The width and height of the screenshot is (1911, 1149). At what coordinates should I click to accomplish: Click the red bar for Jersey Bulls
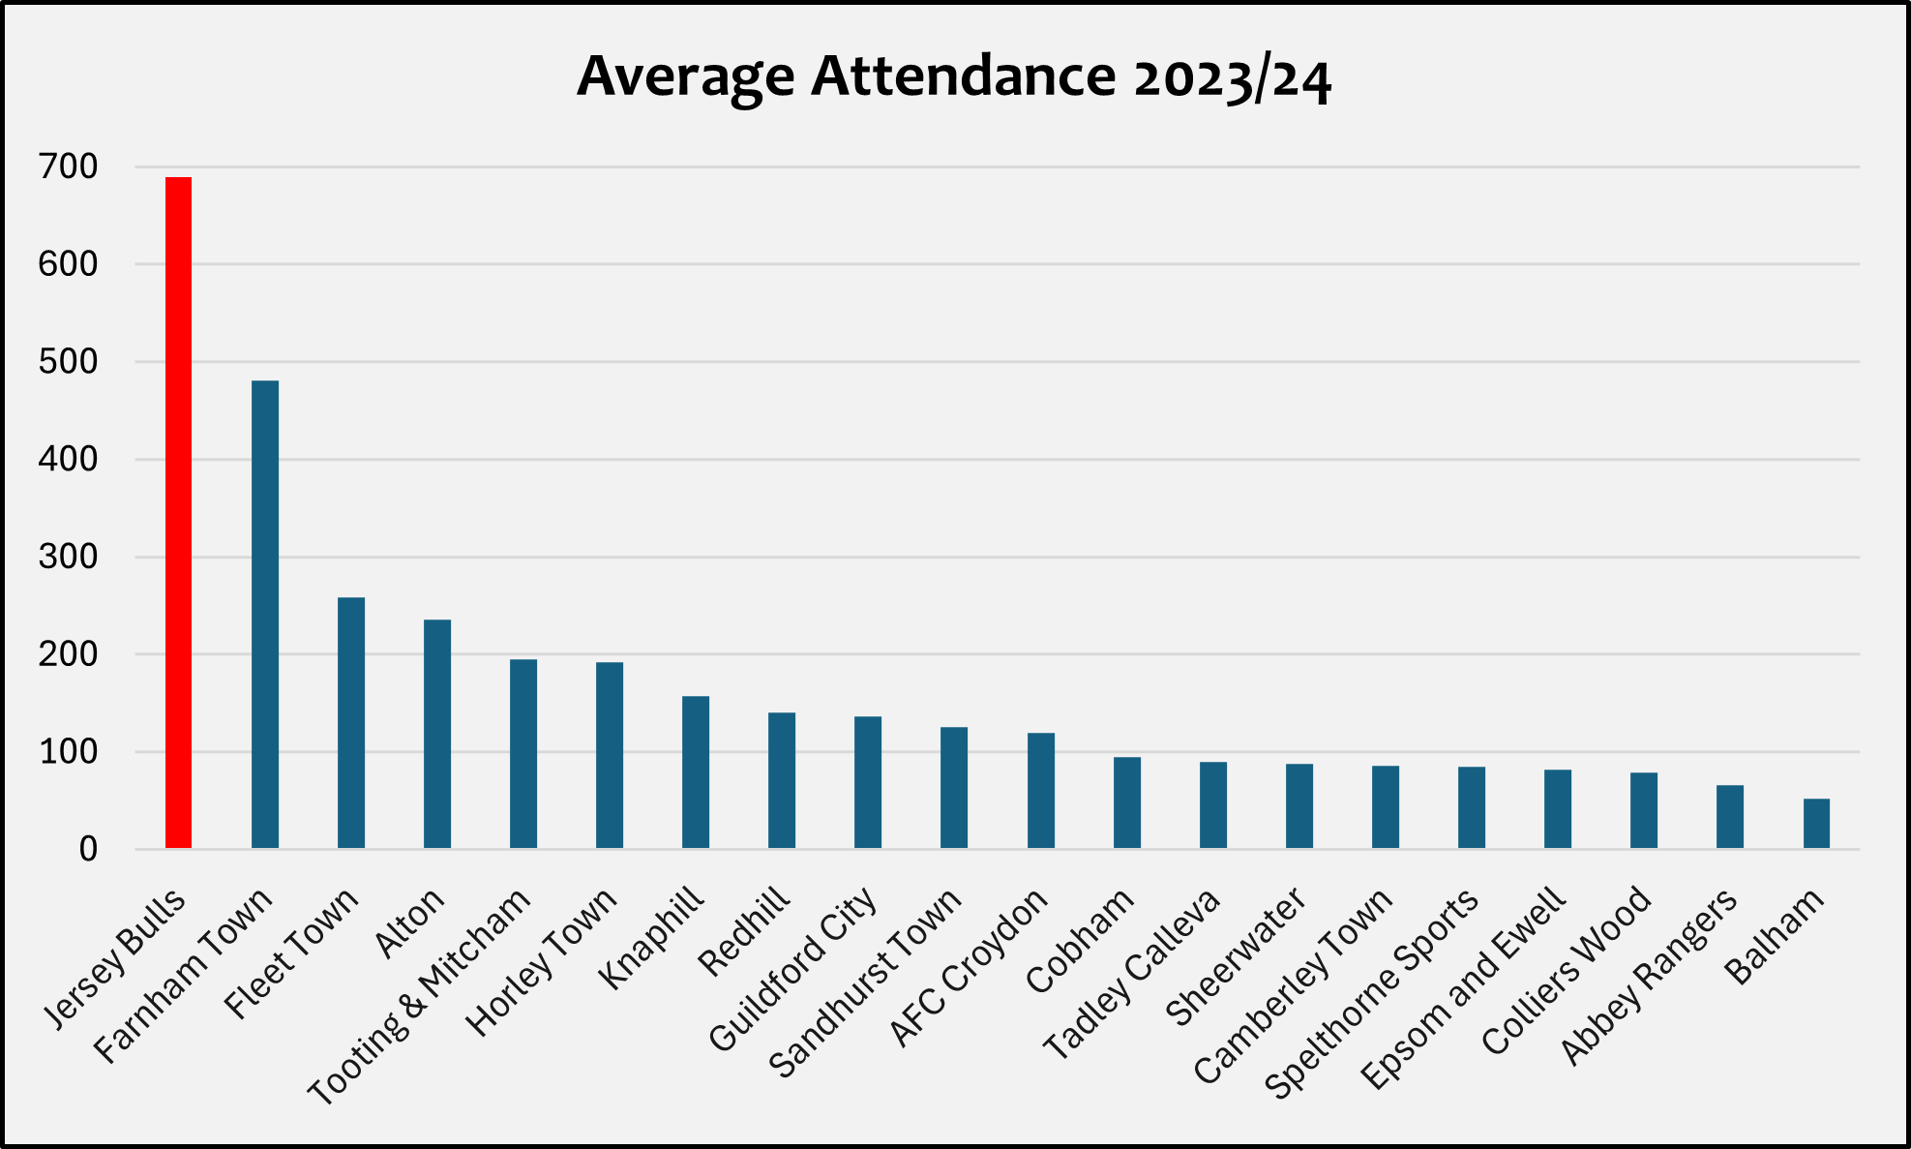coord(178,513)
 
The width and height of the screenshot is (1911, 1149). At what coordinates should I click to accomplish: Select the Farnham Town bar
coord(264,615)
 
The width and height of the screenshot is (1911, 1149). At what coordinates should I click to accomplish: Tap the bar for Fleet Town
coord(350,723)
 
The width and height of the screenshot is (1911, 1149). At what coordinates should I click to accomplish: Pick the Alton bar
coord(436,734)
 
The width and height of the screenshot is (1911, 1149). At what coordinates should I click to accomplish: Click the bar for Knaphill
coord(695,772)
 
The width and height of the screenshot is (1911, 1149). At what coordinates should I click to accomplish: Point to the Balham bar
coord(1816,824)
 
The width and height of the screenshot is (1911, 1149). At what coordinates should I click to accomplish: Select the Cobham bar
coord(1126,802)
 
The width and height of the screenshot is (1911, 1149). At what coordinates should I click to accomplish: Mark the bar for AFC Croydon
coord(1040,791)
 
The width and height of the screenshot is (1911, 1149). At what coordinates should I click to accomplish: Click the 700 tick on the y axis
coord(68,167)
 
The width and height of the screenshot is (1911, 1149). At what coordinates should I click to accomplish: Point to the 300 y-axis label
coord(68,558)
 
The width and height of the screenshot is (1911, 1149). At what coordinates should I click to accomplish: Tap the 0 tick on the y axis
coord(88,851)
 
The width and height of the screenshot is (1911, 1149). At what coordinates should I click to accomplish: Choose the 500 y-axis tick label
coord(68,363)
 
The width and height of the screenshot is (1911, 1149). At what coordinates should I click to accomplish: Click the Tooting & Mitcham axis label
coord(420,997)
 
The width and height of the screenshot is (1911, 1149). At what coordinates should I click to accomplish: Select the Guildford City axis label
coord(792,970)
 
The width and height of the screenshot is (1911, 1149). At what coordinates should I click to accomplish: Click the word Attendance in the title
coord(963,76)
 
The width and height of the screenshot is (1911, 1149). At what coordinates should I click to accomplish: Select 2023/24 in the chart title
coord(1233,77)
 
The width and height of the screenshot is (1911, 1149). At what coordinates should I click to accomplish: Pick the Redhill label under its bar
coord(743,931)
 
